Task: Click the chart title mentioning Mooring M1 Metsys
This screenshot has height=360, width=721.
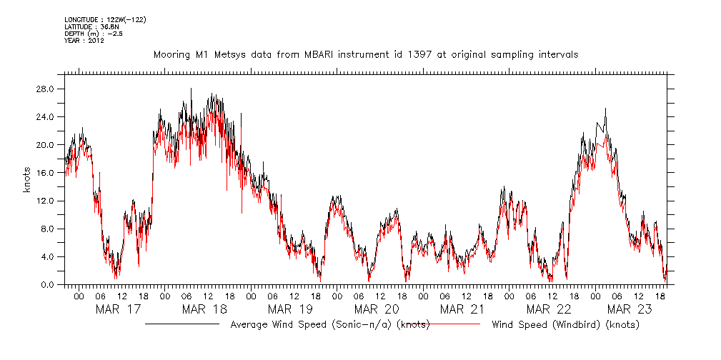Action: (x=365, y=54)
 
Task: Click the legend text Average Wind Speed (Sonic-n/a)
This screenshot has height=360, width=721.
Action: (x=330, y=325)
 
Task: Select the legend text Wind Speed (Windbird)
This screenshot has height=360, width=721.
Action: (x=565, y=325)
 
